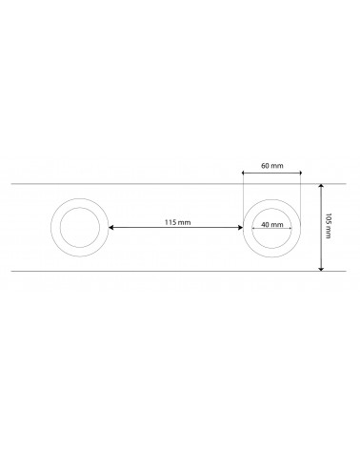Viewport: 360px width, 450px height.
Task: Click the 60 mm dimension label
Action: click(x=272, y=166)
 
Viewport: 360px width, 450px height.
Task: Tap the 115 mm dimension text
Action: click(x=177, y=222)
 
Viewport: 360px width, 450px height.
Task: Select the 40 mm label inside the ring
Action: click(x=272, y=224)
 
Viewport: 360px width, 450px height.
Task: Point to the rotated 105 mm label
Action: click(x=328, y=226)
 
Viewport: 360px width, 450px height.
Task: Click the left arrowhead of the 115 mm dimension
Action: click(x=111, y=227)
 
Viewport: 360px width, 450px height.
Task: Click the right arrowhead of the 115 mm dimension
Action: click(x=240, y=227)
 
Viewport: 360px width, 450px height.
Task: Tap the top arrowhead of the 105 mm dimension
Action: click(x=321, y=186)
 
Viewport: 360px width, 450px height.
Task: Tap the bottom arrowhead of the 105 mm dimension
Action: click(x=321, y=269)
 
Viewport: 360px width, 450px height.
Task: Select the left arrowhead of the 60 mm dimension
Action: click(x=244, y=173)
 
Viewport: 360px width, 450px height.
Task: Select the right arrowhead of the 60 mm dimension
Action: click(x=299, y=173)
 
